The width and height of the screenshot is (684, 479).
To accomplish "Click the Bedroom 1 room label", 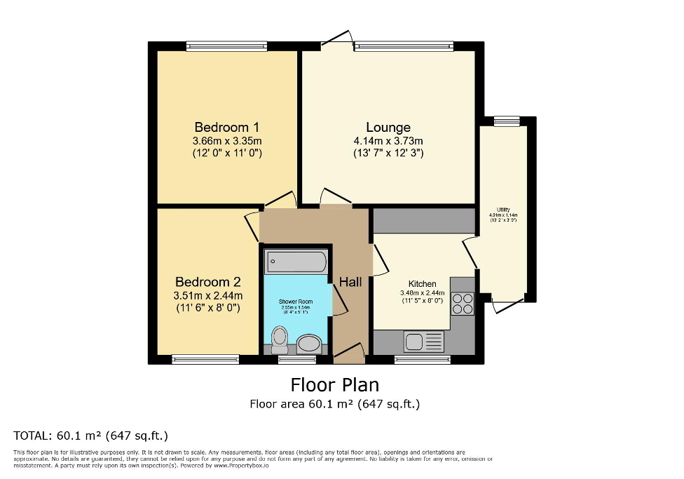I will pos(226,127).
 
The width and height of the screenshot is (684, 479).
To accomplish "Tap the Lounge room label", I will pos(388,127).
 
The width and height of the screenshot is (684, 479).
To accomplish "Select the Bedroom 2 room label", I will pos(207,282).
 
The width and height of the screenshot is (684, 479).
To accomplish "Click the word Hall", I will pos(350,282).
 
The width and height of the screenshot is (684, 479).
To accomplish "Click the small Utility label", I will pos(503,210).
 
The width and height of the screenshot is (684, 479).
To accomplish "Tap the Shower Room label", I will pos(296,302).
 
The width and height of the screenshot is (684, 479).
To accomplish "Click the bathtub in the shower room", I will pos(295,263).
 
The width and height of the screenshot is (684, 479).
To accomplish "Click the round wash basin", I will pos(308,343).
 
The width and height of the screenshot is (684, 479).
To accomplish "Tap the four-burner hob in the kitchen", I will pos(463,303).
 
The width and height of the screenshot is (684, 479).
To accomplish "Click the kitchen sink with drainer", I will pos(423,342).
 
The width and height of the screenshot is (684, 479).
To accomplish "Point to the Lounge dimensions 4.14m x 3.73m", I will pos(388,140).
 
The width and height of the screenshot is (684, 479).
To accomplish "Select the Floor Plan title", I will pos(334,385).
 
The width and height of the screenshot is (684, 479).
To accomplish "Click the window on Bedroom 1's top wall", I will pos(221,46).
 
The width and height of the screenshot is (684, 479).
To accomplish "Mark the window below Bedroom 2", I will pos(205,360).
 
